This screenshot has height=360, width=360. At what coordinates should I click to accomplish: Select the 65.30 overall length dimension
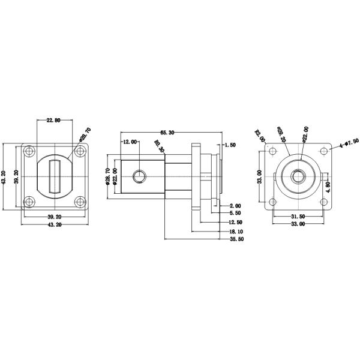tap(167, 133)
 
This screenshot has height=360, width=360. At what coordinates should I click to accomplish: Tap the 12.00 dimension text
tap(130, 142)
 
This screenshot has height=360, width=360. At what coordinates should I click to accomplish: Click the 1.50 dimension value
tap(230, 145)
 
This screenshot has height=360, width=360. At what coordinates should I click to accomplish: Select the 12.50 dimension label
tap(236, 223)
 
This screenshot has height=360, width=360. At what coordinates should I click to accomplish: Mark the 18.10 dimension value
tap(236, 232)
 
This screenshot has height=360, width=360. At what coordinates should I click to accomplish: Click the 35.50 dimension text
tap(236, 240)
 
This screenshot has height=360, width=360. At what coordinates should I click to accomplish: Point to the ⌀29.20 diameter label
tap(281, 134)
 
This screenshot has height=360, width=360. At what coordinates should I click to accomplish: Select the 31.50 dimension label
tap(298, 217)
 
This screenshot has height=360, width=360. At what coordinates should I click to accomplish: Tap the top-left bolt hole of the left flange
tap(28, 152)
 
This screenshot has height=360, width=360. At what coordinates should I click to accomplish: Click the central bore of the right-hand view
tap(297, 176)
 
